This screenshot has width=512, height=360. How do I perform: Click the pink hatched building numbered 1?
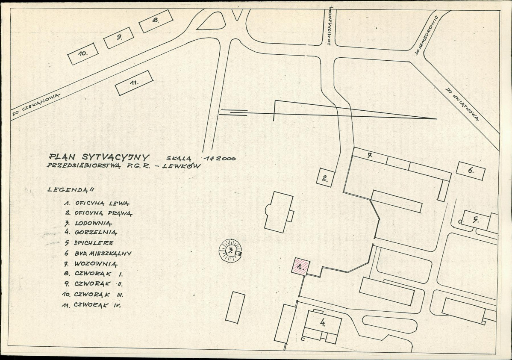(300, 266)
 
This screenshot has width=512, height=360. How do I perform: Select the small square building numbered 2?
(325, 177)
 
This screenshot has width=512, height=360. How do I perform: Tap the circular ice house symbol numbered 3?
(230, 251)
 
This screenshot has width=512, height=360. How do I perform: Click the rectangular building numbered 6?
(470, 171)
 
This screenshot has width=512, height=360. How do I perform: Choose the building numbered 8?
(156, 21)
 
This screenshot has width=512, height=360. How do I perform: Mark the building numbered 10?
(83, 54)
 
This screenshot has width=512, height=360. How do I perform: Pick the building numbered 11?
(134, 83)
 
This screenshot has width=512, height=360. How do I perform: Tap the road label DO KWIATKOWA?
(461, 105)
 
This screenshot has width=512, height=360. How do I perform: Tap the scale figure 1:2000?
(220, 158)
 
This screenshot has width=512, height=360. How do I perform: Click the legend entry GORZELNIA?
(95, 233)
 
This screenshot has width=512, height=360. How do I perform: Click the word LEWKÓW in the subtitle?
(181, 167)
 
